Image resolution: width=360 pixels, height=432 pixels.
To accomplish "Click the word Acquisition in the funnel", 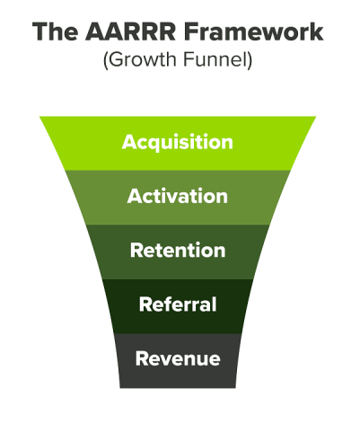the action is point(178,142).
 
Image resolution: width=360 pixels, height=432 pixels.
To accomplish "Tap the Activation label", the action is point(178,196).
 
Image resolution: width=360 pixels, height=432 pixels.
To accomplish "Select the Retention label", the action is point(178,251).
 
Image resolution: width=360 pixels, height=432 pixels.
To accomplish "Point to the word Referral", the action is point(178,304).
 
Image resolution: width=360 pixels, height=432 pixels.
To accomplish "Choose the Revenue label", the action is point(178,358).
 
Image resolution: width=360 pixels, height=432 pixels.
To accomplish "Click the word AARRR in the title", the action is point(130,31).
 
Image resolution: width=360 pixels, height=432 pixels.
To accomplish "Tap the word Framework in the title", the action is point(254,31).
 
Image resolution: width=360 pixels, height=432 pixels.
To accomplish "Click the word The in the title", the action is point(55,31).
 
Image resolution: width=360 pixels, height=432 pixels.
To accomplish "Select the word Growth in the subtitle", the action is point(142,59).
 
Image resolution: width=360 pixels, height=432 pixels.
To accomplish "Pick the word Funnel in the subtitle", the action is point(215,59).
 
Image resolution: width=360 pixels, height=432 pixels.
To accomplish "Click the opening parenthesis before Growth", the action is point(105,60).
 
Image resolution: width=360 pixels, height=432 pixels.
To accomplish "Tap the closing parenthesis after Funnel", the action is point(250,60).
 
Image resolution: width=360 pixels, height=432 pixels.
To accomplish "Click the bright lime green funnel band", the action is point(178,144).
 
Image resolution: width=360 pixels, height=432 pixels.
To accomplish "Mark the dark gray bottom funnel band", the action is point(178,361).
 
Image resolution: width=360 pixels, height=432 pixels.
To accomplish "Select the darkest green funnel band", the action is point(178,306).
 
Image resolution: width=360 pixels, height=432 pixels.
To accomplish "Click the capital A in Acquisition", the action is point(128,142).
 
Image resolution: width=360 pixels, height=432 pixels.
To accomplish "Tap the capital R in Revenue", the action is point(142,358).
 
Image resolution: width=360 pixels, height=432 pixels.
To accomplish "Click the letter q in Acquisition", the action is point(156,144).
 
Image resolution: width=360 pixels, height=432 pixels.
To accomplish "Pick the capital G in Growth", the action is point(116,59).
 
